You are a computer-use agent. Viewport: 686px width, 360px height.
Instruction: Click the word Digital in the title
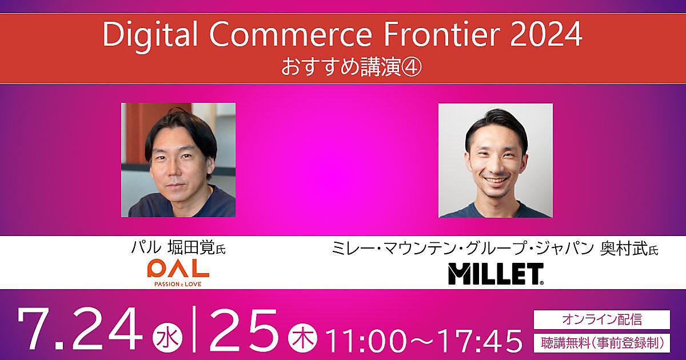pyautogui.click(x=150, y=36)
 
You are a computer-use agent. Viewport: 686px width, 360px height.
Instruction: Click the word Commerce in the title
pyautogui.click(x=290, y=35)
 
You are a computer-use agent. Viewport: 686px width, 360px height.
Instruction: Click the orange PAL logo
pyautogui.click(x=178, y=269)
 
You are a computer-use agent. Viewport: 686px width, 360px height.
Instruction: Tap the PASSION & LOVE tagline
pyautogui.click(x=178, y=284)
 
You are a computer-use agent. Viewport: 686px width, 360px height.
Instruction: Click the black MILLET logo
pyautogui.click(x=496, y=274)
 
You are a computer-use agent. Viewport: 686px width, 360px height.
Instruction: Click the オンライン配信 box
pyautogui.click(x=602, y=319)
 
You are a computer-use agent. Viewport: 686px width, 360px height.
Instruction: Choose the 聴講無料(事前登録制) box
pyautogui.click(x=602, y=343)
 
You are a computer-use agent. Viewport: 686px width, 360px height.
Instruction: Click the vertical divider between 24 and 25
pyautogui.click(x=194, y=329)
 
